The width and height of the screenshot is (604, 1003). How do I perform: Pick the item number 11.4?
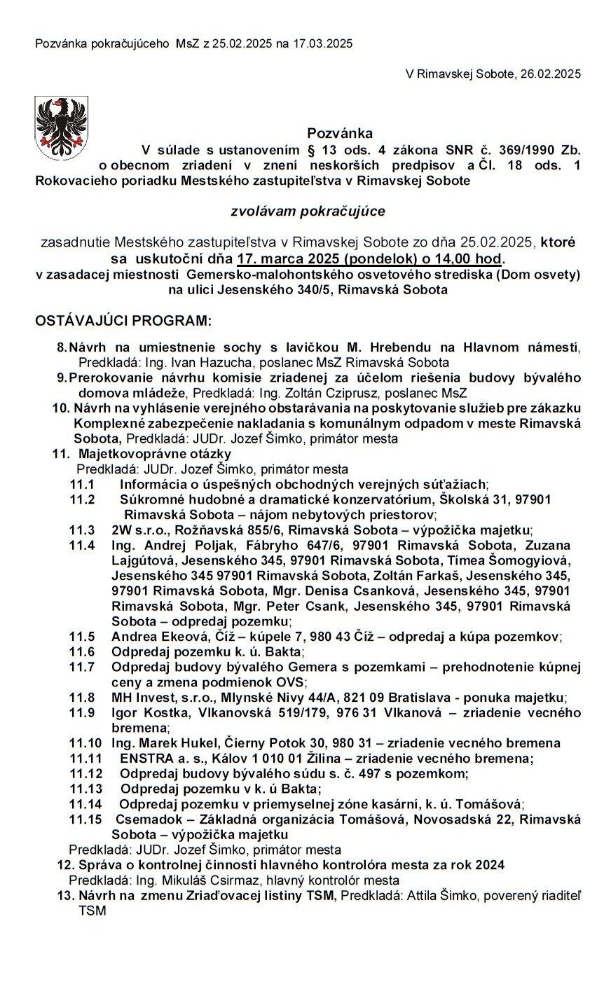pyautogui.click(x=82, y=544)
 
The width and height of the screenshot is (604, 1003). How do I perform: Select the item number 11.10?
pyautogui.click(x=85, y=742)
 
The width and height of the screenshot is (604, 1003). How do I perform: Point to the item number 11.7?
pyautogui.click(x=82, y=666)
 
